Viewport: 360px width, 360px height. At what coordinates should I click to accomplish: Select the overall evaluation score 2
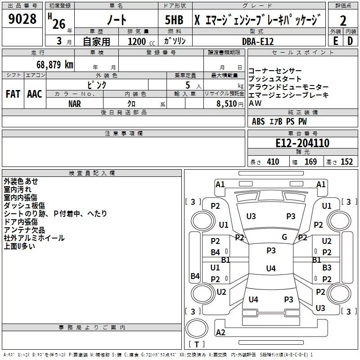pos(343,21)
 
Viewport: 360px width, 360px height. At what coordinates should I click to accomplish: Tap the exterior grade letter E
pos(335,40)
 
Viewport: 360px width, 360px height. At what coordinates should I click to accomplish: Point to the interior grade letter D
pos(350,40)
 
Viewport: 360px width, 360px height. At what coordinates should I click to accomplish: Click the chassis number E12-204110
pos(302,143)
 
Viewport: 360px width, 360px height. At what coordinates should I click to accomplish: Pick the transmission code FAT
pos(13,94)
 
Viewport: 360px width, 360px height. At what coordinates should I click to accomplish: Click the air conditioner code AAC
pos(35,94)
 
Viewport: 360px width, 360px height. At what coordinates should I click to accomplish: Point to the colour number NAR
pos(75,103)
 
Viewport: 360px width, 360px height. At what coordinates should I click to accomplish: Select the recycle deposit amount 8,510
pos(227,103)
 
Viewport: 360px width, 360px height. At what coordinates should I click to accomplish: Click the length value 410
pos(273,162)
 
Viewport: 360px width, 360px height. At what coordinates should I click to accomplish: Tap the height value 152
pos(346,162)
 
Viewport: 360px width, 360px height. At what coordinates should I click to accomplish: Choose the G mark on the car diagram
pos(284,237)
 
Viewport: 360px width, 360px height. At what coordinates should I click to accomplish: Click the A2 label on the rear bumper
pos(220,333)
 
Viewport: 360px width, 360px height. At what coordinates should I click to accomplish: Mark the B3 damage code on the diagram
pos(327,268)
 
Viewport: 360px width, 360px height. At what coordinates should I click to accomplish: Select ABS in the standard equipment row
pos(258,121)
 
